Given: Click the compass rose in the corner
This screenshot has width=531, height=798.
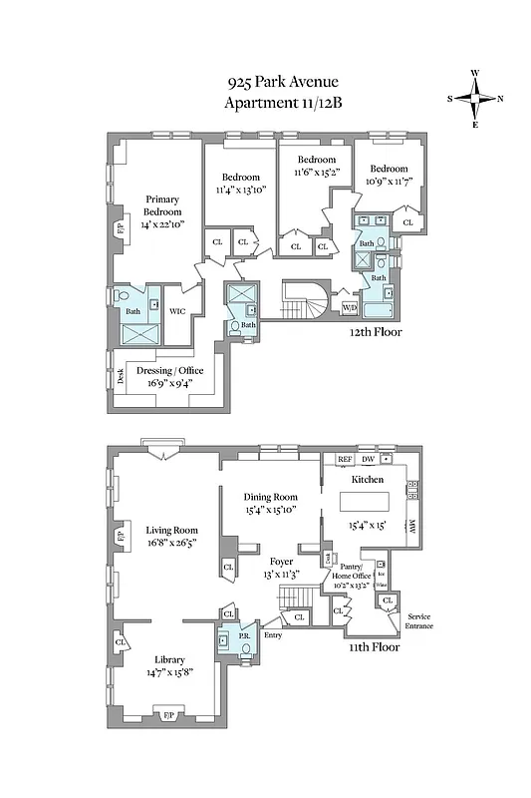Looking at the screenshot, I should tap(475, 99).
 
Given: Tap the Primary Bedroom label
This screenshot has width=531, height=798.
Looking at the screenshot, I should tap(162, 205).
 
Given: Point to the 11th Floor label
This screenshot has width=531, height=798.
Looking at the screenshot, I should tap(375, 646).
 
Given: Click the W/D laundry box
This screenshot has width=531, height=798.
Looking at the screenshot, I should tap(350, 307).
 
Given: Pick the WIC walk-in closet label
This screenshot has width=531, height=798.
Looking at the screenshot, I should tap(177, 311).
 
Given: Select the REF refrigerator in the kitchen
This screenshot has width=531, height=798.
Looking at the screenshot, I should tap(346, 460).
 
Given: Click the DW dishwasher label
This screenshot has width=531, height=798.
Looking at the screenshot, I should tap(369, 460).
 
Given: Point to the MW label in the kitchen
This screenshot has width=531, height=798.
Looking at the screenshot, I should tap(410, 528).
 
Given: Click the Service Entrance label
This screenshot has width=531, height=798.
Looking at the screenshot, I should tap(418, 621).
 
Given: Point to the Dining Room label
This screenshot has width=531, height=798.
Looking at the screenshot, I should tap(271, 497).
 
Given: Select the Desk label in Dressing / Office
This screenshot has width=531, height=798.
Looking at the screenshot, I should tap(120, 375).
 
